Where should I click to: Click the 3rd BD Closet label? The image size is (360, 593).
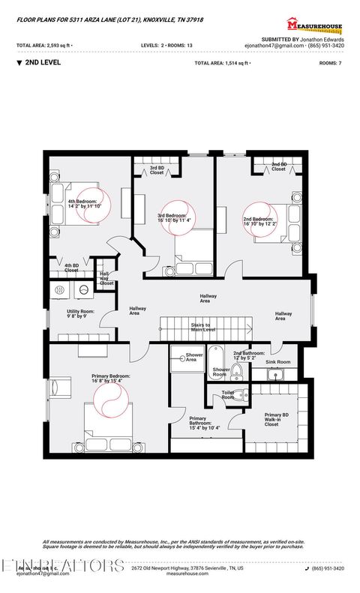[x=157, y=170]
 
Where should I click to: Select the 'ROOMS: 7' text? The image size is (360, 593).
[x=330, y=64]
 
